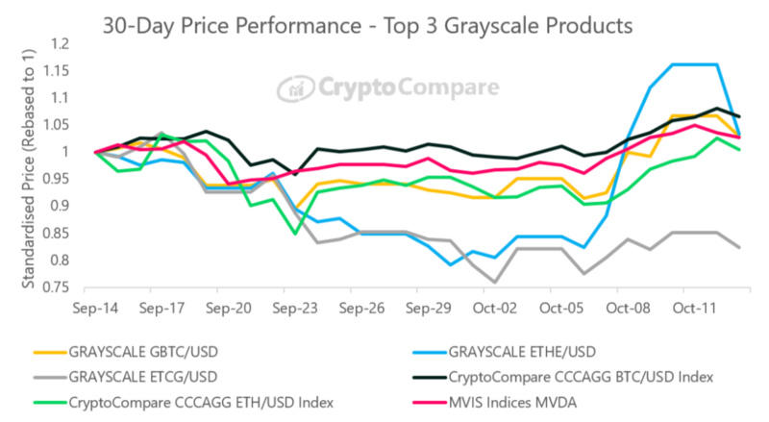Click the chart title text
tap(368, 26)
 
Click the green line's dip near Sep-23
tap(296, 233)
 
